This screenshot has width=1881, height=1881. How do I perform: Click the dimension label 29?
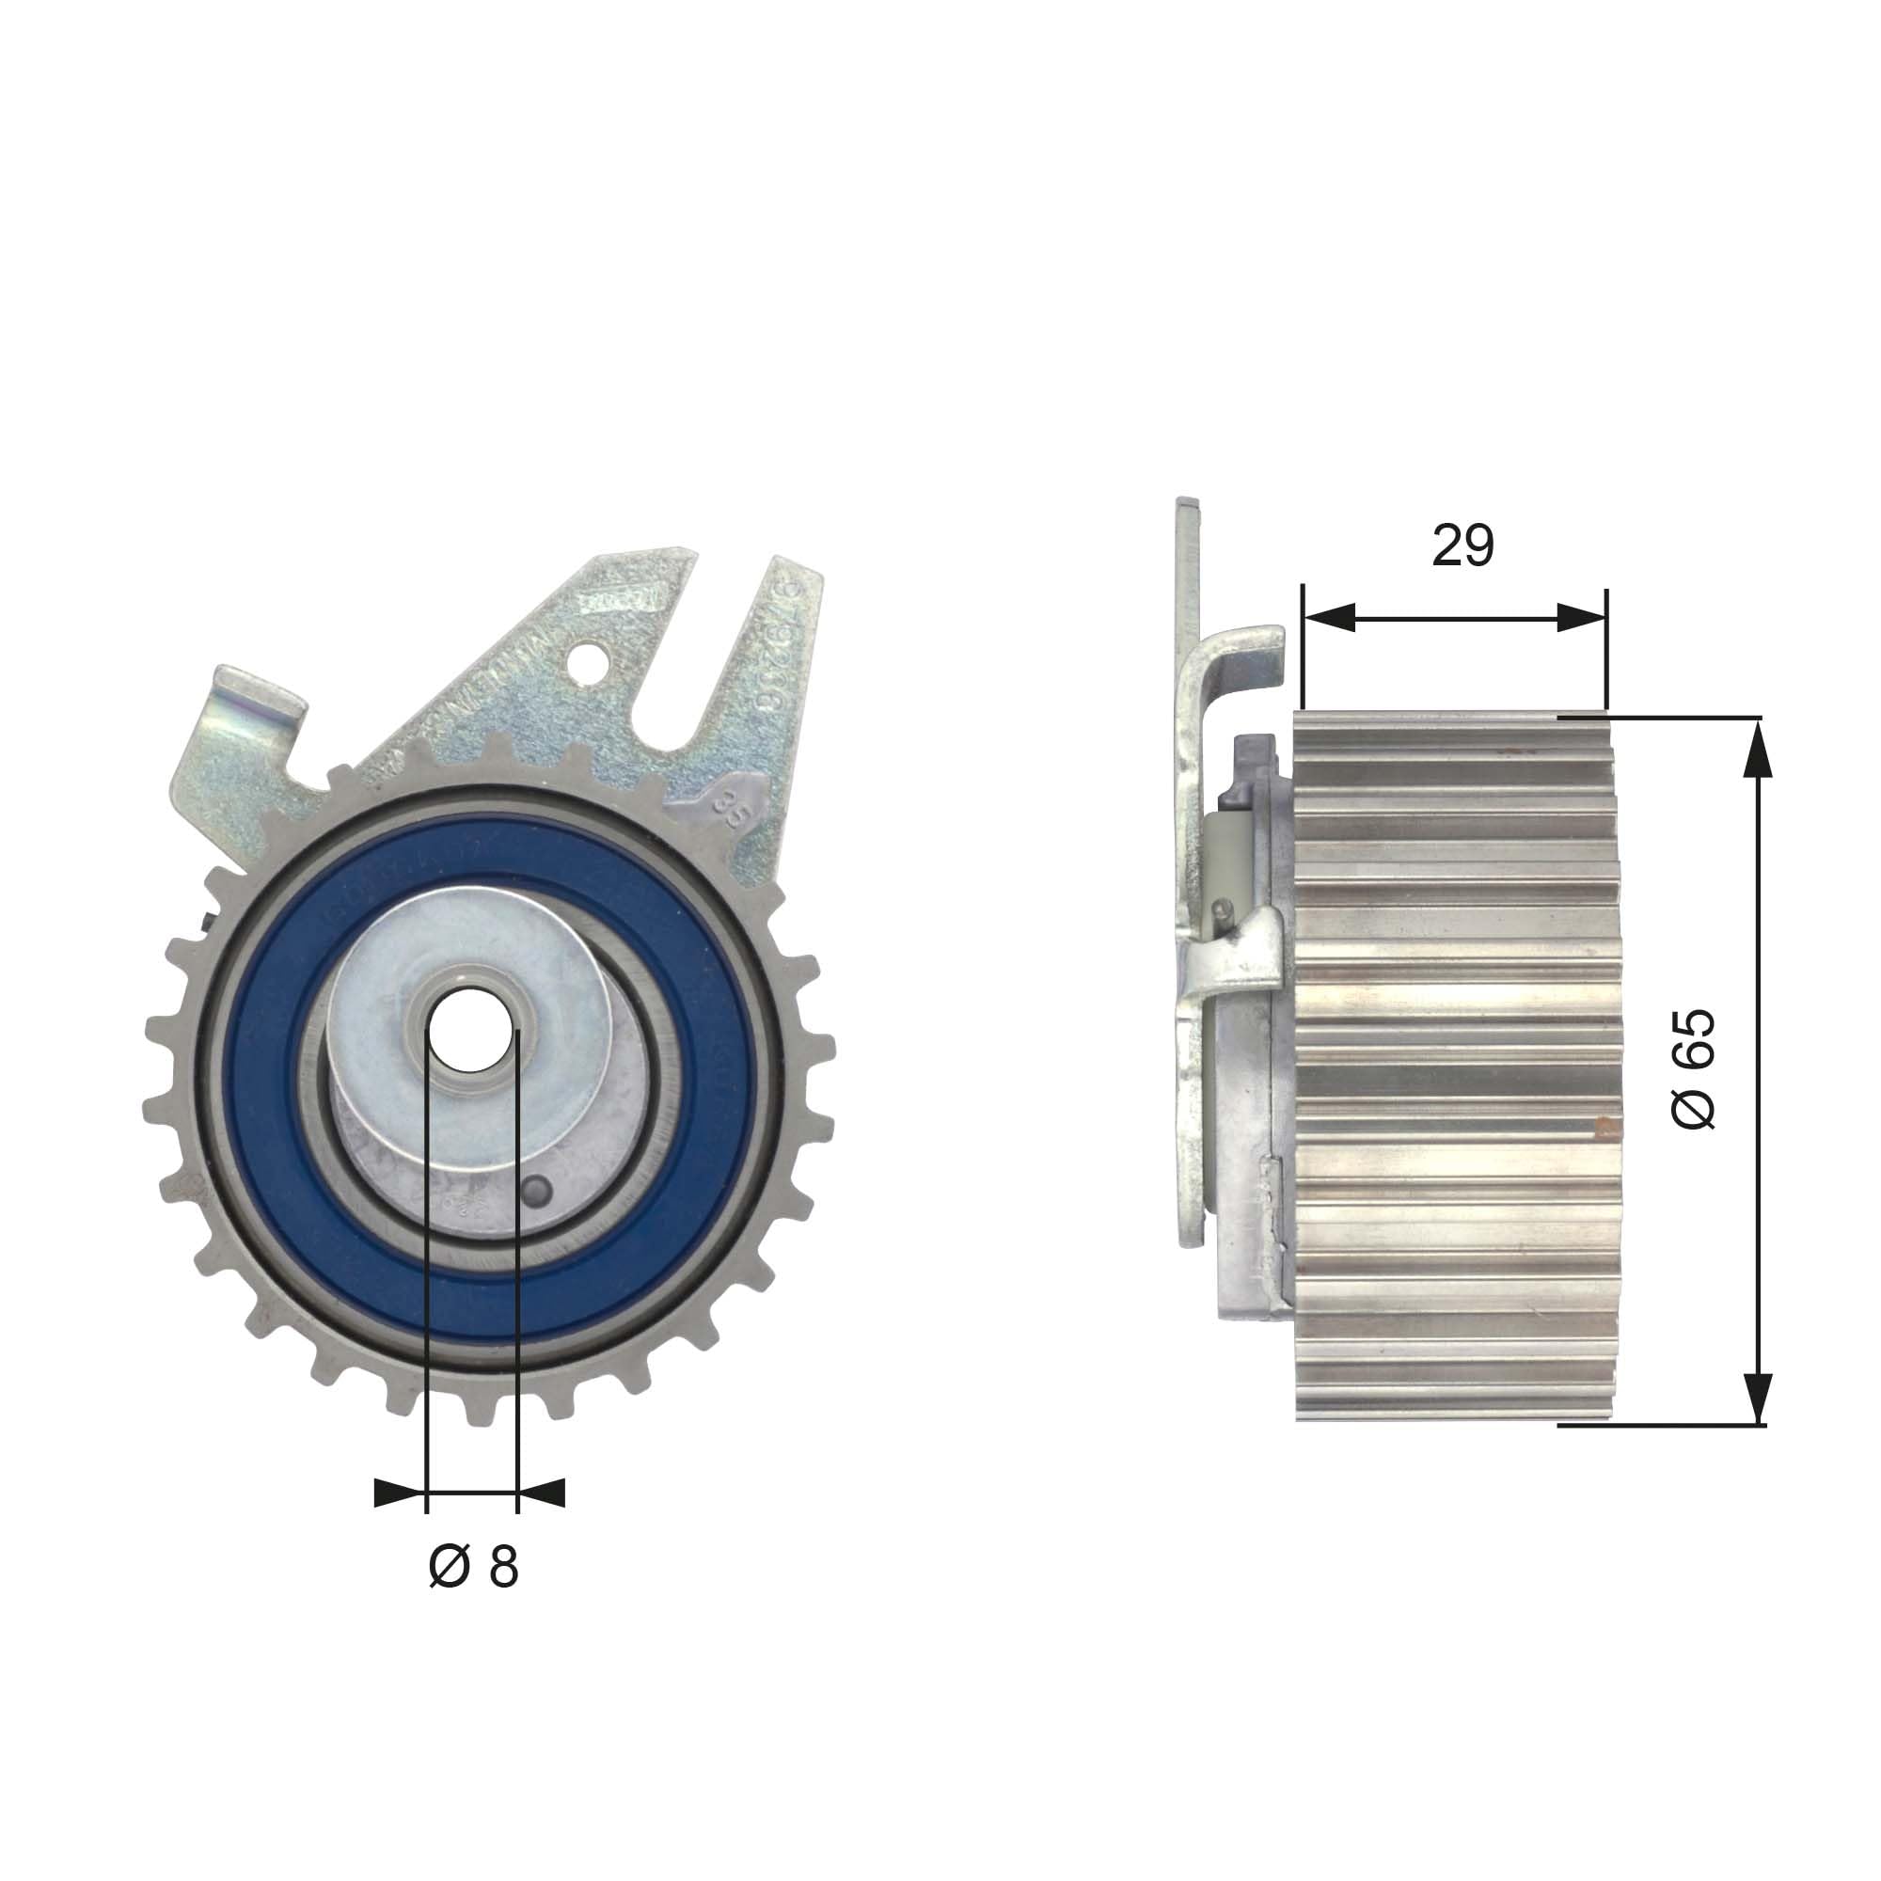[1462, 545]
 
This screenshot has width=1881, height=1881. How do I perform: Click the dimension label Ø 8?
[473, 1567]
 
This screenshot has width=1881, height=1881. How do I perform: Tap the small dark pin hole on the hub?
[536, 1190]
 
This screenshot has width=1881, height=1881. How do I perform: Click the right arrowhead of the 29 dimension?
[1581, 617]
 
